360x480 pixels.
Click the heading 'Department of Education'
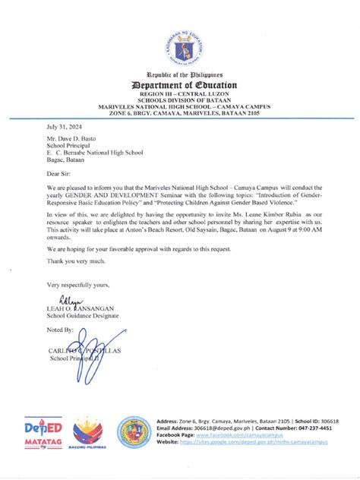[179, 85]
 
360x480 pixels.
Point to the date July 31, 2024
[64, 129]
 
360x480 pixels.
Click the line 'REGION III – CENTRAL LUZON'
[179, 94]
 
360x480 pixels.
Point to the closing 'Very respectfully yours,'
[78, 285]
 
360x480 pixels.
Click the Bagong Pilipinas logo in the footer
[87, 435]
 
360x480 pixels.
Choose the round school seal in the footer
[134, 432]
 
